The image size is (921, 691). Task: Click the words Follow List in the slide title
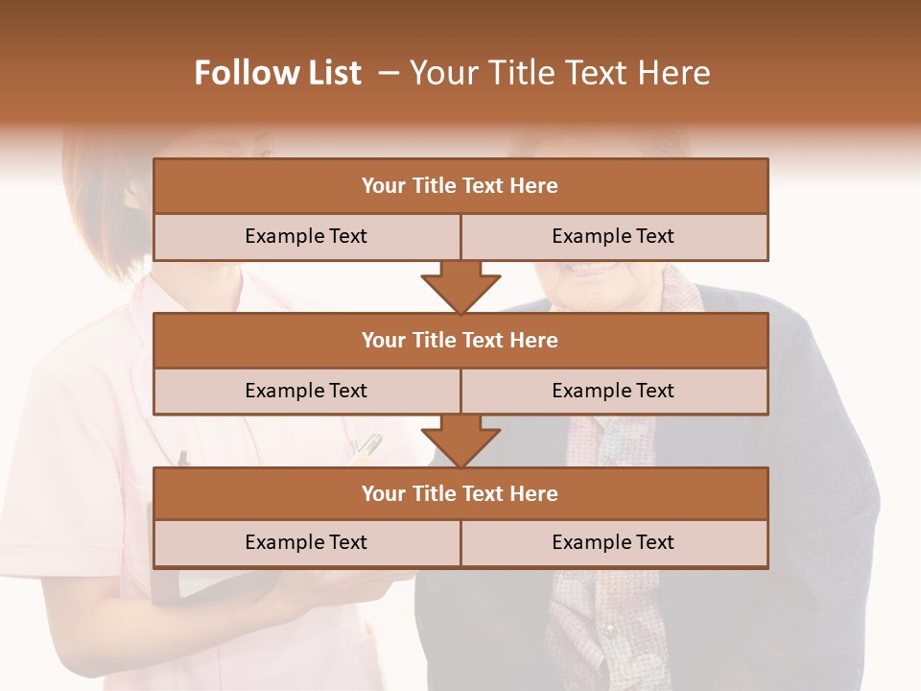point(278,73)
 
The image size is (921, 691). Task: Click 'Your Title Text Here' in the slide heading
point(560,73)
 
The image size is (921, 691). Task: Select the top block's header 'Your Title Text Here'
point(460,186)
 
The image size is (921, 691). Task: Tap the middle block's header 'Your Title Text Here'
point(460,340)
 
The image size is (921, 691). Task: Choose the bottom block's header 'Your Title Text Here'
point(460,493)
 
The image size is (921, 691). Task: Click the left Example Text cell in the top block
point(306,236)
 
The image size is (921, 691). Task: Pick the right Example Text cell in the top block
point(613,236)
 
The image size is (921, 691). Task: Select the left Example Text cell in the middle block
point(306,391)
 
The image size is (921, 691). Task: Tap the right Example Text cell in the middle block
point(613,391)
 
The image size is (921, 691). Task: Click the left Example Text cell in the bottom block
point(306,542)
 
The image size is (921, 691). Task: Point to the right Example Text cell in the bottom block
point(613,542)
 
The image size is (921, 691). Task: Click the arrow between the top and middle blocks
point(460,287)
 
